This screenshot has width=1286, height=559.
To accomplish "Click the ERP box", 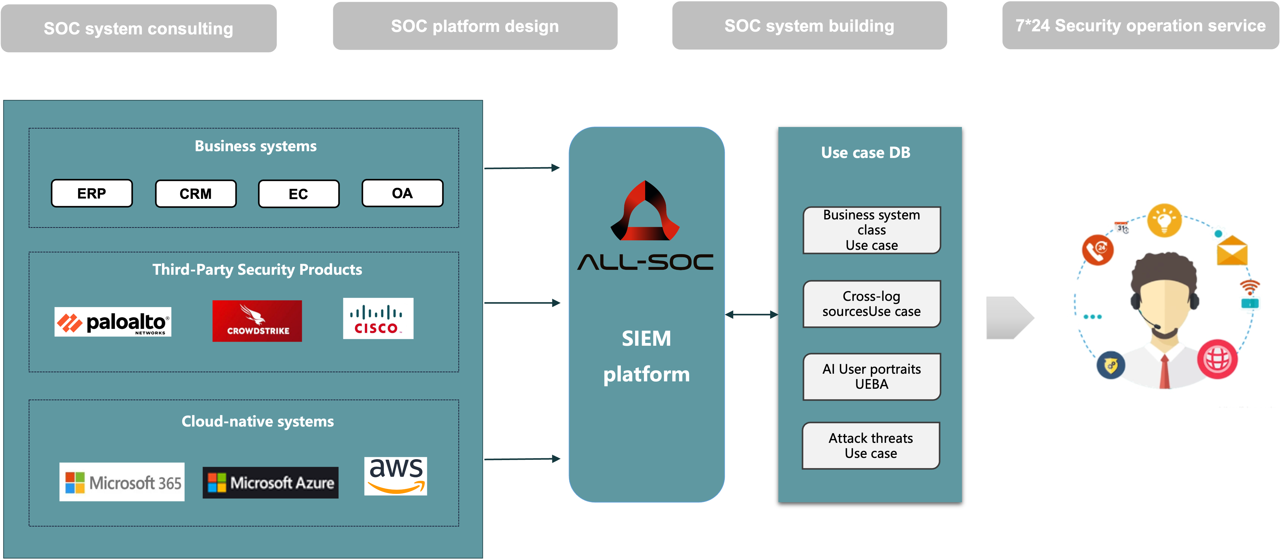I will point(92,193).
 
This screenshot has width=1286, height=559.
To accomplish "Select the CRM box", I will point(196,194).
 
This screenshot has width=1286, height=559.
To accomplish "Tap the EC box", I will point(298,194).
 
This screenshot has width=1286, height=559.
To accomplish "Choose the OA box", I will point(402,193).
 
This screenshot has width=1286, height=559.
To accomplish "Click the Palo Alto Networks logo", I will point(113,322).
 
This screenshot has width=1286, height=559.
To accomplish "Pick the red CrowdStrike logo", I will point(257,321).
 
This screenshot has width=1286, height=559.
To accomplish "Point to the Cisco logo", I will point(378,318).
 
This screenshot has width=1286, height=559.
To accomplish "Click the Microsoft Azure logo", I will point(270,483).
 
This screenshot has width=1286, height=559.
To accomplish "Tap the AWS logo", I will point(395,476).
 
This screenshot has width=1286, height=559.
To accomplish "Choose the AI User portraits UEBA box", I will point(872,377).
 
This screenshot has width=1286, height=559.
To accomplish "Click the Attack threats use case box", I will point(871,446).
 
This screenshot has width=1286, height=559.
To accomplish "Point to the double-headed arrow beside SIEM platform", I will point(751,314).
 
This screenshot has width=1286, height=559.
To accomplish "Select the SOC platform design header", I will point(475,26).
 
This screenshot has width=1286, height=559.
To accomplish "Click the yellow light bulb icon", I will point(1164,220).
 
